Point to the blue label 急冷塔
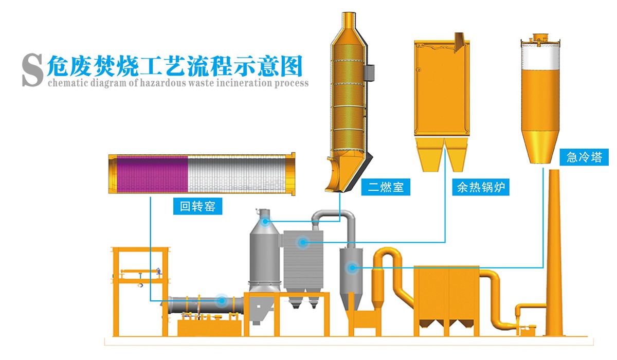coord(584,157)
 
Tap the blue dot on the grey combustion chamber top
coord(265,222)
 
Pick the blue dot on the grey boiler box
coord(303,241)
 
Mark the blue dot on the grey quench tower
coord(352,267)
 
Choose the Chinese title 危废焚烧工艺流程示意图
coord(175,66)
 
